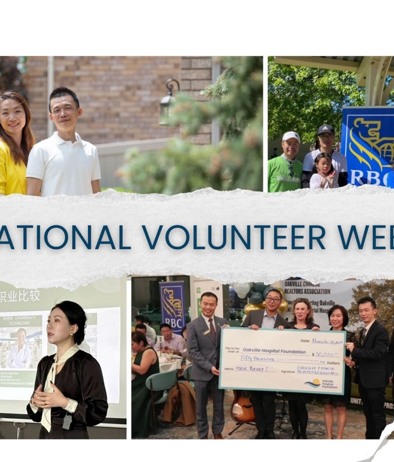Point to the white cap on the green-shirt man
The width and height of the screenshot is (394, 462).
(291, 136)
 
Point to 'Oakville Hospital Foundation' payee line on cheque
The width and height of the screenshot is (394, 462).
(274, 352)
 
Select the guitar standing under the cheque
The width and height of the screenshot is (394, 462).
(242, 409)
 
